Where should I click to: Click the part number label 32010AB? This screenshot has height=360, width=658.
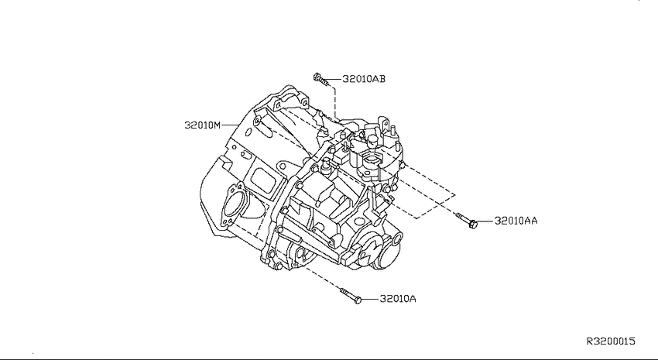[364, 79]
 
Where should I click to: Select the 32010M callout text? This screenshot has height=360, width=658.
[202, 125]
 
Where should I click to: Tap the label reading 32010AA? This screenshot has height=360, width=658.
[516, 221]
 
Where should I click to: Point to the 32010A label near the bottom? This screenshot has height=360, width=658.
[398, 299]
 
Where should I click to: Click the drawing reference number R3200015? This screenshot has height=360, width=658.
[611, 341]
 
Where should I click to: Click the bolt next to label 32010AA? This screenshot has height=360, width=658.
[468, 221]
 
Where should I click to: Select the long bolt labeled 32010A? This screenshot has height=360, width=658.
[351, 295]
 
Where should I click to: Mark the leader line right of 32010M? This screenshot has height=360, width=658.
[229, 125]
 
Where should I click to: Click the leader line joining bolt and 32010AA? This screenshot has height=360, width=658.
[486, 221]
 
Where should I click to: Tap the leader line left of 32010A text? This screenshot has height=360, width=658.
[370, 299]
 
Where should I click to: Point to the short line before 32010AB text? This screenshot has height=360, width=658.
[335, 79]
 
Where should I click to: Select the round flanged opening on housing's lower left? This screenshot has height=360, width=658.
[233, 206]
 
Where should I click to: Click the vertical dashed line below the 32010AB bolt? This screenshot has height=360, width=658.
[335, 102]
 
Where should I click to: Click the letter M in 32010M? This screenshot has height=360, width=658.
[217, 125]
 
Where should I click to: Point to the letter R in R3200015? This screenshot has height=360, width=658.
[590, 341]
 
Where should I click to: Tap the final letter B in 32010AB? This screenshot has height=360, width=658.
[382, 79]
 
